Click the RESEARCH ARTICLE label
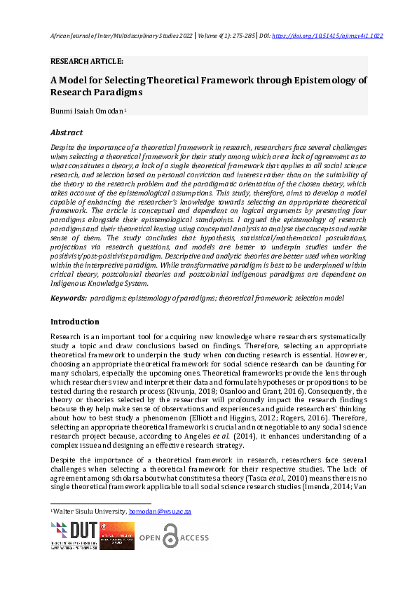[87, 61]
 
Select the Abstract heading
[67, 132]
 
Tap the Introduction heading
[76, 322]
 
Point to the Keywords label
[67, 299]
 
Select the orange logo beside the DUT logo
[116, 535]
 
